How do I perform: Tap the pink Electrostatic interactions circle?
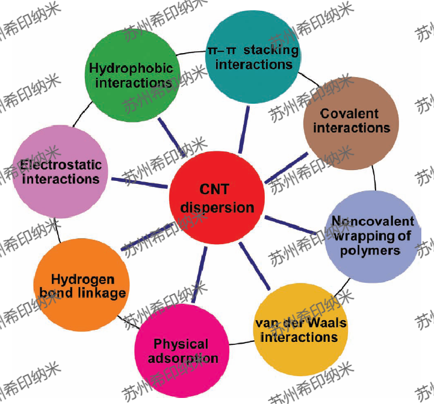[x=60, y=171]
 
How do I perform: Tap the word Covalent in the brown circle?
[x=350, y=113]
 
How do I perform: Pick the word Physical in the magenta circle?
[x=181, y=344]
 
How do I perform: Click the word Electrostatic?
[x=61, y=165]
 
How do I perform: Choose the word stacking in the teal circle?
[x=271, y=49]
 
